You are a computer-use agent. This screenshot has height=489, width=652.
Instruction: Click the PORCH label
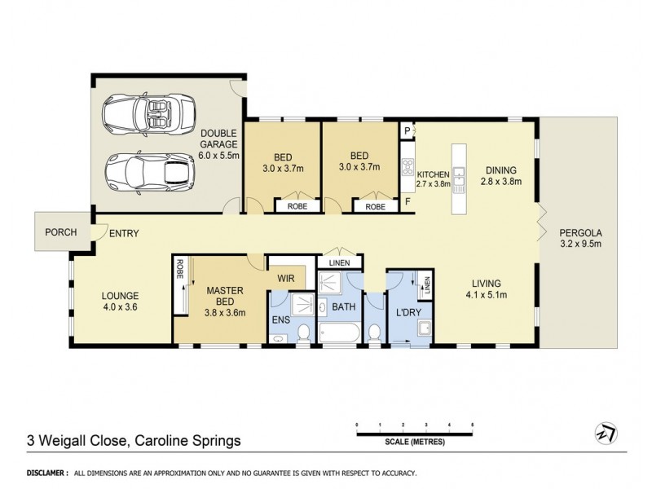tap(60, 232)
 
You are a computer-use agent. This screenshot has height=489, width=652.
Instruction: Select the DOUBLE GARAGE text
tap(218, 139)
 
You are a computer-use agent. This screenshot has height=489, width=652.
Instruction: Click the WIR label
tap(285, 278)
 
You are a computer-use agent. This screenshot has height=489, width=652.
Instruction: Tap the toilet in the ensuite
tap(302, 332)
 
